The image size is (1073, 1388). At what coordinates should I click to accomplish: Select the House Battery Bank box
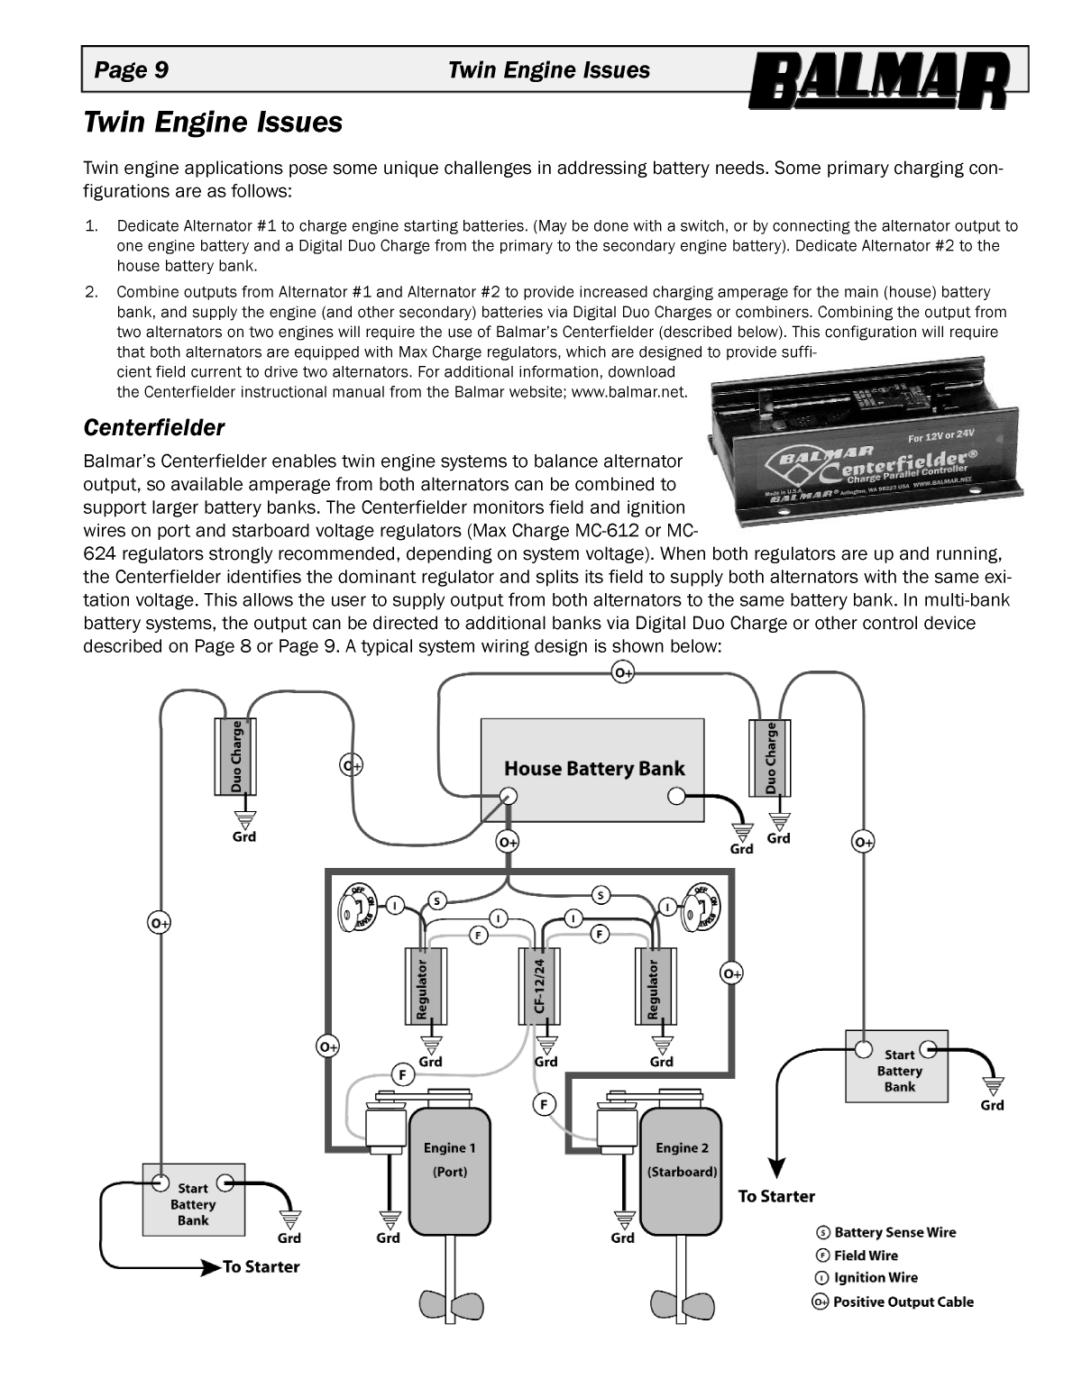click(x=592, y=769)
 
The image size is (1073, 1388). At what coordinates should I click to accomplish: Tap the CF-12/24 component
click(x=538, y=986)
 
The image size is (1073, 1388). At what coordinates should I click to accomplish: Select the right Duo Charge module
click(x=771, y=756)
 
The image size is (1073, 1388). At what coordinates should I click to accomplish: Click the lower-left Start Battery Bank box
click(x=194, y=1198)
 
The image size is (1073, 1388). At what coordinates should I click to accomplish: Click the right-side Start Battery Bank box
click(x=897, y=1066)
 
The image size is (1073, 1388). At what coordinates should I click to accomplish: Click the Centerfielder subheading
click(x=153, y=425)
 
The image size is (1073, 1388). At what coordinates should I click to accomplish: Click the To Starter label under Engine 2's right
click(x=776, y=1196)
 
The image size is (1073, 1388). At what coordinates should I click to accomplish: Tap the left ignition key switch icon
click(x=358, y=907)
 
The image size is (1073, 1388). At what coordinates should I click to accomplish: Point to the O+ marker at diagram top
click(x=623, y=672)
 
